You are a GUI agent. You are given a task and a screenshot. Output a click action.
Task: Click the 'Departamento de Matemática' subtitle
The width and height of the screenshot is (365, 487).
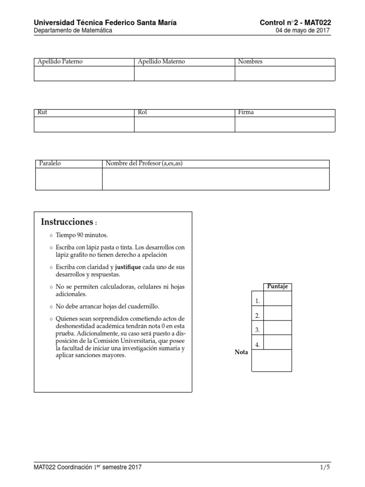(x=73, y=31)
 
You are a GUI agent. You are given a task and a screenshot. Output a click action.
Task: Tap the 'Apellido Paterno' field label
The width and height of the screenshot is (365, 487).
(x=60, y=62)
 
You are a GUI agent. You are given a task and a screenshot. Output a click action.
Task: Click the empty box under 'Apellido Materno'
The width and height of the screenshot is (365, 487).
(x=184, y=74)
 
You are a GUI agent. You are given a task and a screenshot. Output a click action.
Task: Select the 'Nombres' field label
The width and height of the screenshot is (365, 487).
(x=250, y=62)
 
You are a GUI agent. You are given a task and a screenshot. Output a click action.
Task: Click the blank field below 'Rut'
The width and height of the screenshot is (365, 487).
(x=84, y=124)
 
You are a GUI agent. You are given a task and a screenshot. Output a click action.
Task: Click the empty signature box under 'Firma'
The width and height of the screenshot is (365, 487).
(x=285, y=124)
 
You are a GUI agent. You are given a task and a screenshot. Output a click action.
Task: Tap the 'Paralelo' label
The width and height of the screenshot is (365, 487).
(x=49, y=164)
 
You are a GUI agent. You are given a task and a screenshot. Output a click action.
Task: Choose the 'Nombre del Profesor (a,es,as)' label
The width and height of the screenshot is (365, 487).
(x=144, y=164)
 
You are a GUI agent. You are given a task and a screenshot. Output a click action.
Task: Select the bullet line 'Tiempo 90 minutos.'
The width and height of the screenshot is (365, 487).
(x=82, y=235)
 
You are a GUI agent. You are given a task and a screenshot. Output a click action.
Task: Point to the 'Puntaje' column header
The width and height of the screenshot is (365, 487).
(x=278, y=287)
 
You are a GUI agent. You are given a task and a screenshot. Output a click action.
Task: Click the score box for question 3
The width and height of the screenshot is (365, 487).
(x=278, y=328)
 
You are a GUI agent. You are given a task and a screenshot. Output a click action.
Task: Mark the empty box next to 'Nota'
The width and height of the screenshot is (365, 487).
(x=271, y=360)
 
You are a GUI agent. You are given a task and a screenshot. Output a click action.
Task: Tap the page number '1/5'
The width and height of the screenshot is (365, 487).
(x=325, y=468)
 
